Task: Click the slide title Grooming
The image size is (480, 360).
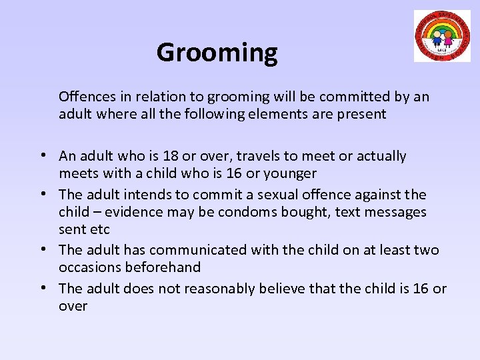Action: pos(217,53)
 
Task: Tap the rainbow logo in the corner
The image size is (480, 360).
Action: pos(442,36)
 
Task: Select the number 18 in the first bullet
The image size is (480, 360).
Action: pos(170,156)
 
